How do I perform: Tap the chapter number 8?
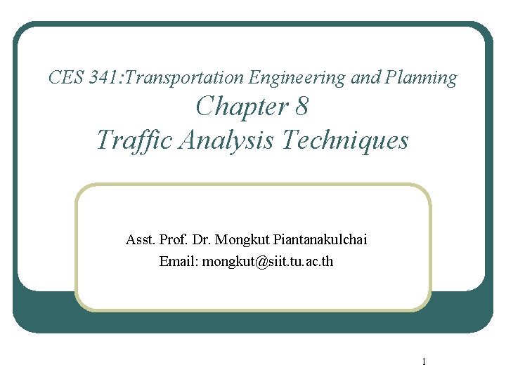(301, 107)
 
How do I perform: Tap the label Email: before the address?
(179, 261)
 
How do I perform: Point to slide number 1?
(424, 361)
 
